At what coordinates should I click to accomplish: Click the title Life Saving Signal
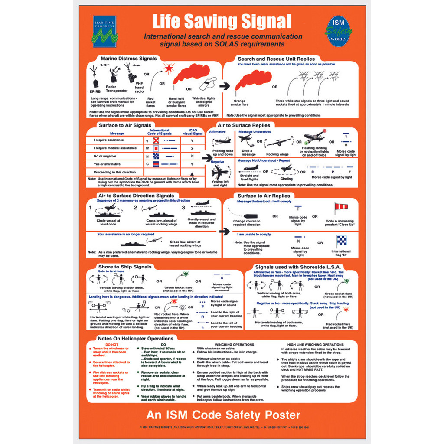click(222, 21)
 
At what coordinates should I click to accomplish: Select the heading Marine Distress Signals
click(125, 59)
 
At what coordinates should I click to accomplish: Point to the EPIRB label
click(95, 91)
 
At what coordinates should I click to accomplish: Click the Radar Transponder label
click(117, 89)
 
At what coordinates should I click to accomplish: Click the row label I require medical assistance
click(115, 148)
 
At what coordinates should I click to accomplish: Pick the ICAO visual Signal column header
click(193, 132)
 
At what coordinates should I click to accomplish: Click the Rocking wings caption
click(277, 154)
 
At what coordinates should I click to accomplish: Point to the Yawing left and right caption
click(220, 184)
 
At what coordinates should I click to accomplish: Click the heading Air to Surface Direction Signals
click(136, 196)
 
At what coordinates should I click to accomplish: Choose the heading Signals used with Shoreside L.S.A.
click(298, 267)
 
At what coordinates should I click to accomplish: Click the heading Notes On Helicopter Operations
click(136, 339)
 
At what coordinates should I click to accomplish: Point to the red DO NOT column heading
click(105, 345)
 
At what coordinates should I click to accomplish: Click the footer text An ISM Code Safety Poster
click(223, 415)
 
